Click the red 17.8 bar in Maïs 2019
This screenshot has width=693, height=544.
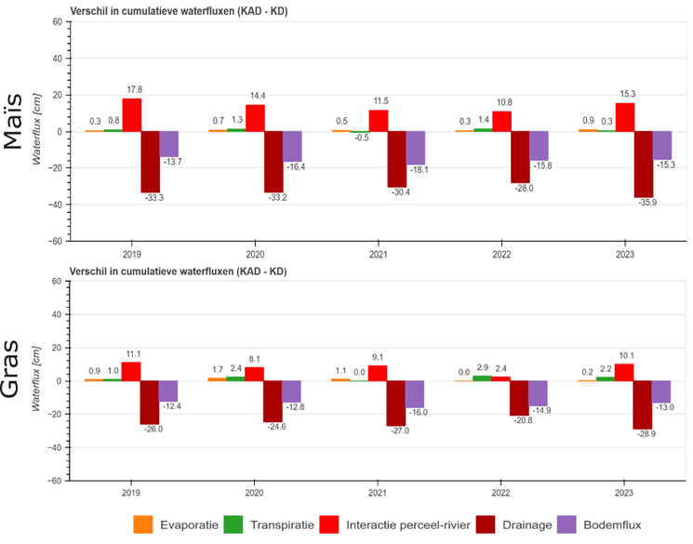[x=132, y=114]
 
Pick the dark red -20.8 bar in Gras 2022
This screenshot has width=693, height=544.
[x=522, y=398]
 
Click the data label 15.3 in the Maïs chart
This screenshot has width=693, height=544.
[x=628, y=94]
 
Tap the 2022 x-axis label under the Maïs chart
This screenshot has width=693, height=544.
[x=512, y=252]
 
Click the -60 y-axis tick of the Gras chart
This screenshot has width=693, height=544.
[x=56, y=481]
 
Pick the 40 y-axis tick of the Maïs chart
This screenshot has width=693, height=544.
[x=56, y=59]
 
